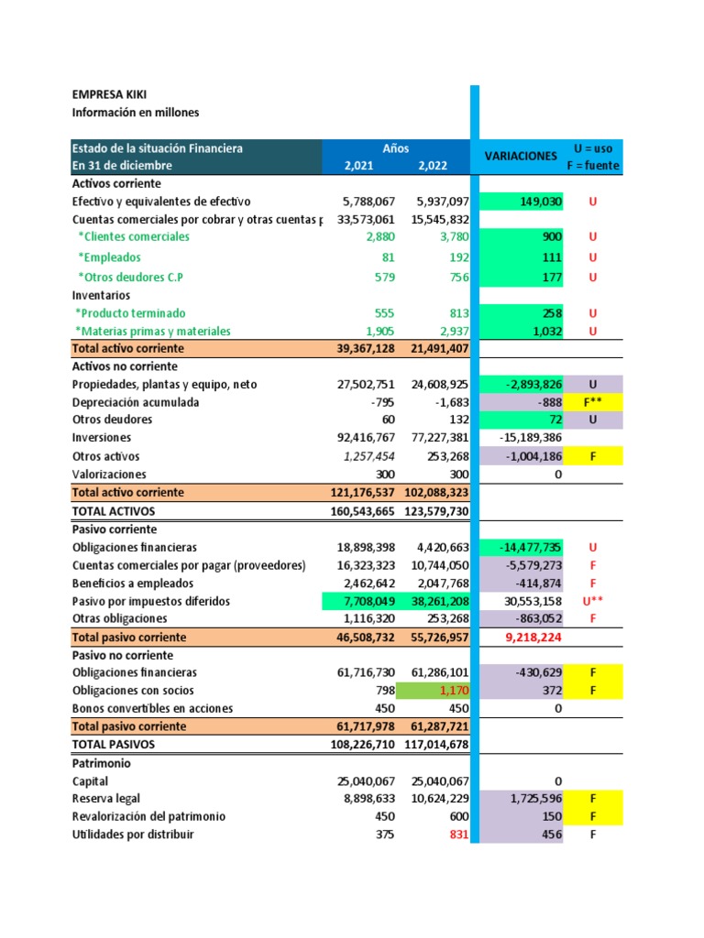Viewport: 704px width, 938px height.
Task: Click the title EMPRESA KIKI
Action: tap(109, 94)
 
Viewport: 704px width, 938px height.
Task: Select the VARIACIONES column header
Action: tap(521, 157)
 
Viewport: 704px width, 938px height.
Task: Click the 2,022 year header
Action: tap(433, 166)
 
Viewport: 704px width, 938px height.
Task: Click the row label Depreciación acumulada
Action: tap(136, 402)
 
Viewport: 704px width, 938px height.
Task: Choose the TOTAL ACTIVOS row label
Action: tap(114, 511)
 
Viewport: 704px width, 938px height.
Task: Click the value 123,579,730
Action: tap(436, 511)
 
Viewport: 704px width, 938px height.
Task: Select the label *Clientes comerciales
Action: tap(134, 236)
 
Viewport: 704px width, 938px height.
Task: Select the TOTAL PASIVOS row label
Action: tap(114, 745)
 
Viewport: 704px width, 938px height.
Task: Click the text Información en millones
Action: tap(136, 113)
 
